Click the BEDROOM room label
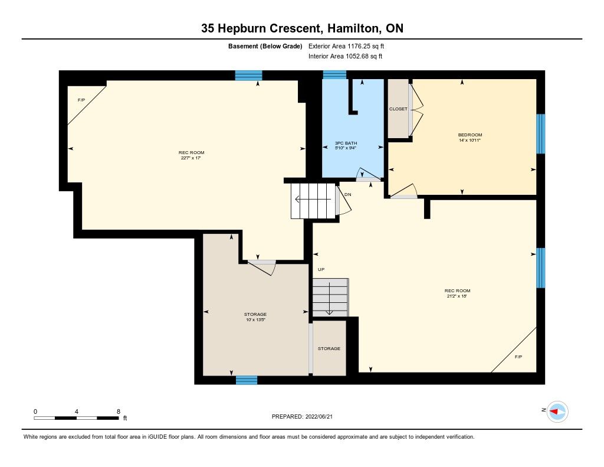pos(470,135)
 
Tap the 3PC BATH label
pos(346,143)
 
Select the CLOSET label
pos(398,109)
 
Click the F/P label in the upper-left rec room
pos(81,100)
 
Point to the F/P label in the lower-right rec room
pos(518,357)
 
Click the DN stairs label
pos(348,194)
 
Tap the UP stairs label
pos(321,269)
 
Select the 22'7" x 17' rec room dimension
pos(192,158)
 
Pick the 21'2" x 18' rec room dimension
pos(457,296)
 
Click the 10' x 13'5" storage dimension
pos(255,319)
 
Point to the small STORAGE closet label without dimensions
pos(329,348)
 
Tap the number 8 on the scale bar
pos(119,412)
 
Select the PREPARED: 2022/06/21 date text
pos(302,416)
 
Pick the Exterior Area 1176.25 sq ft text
pos(346,46)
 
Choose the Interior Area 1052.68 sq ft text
pos(345,56)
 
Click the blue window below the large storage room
pos(247,380)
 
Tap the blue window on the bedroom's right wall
pos(541,133)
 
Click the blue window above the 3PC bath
pos(334,75)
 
